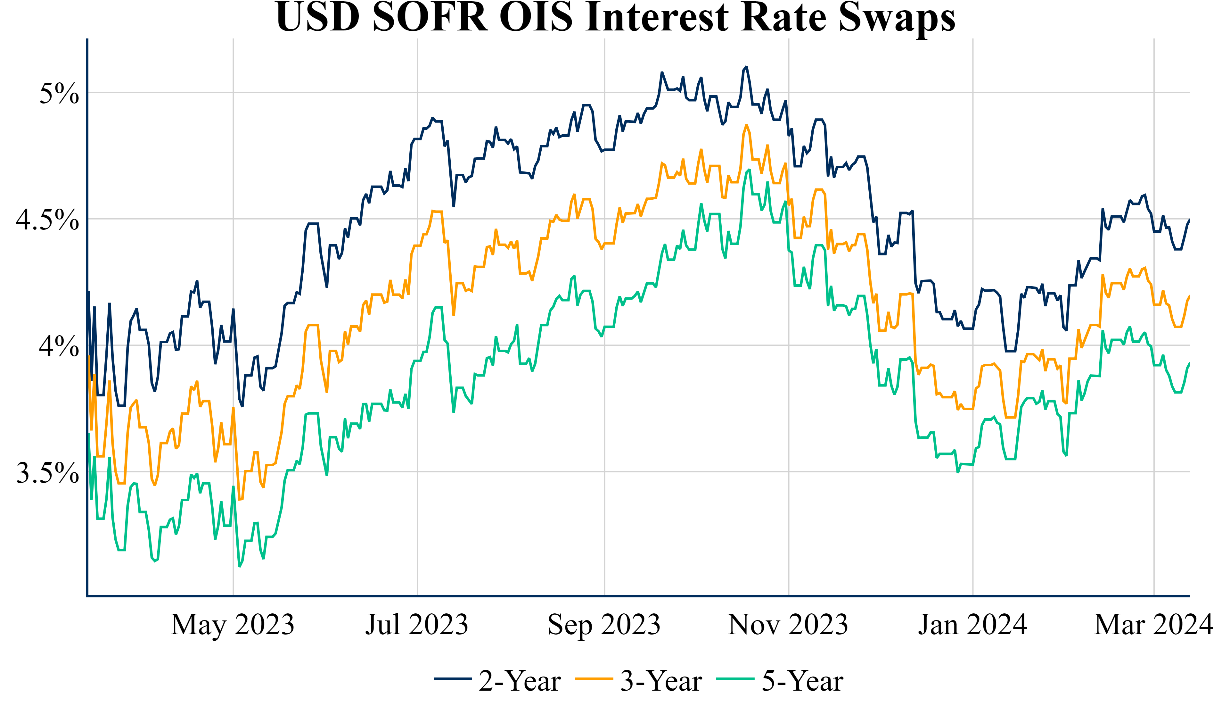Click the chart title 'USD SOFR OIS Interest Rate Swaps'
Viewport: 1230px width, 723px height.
(x=615, y=18)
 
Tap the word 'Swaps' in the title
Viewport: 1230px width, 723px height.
(x=897, y=18)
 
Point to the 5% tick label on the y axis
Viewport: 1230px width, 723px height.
(x=59, y=93)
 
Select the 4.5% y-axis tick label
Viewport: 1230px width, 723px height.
(x=47, y=219)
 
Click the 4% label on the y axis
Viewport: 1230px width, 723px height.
(x=59, y=346)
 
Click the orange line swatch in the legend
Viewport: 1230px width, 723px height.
(x=594, y=679)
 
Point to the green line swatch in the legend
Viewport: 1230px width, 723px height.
(x=735, y=679)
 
